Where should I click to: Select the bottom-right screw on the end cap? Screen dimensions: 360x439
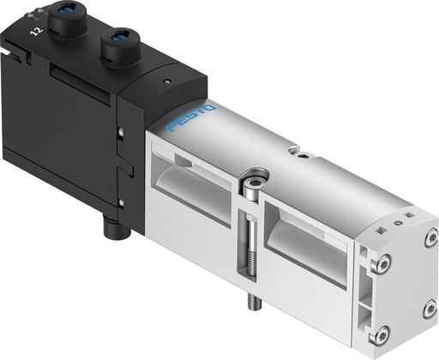point(429,308)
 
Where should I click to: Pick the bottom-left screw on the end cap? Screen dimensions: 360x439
point(383,333)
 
